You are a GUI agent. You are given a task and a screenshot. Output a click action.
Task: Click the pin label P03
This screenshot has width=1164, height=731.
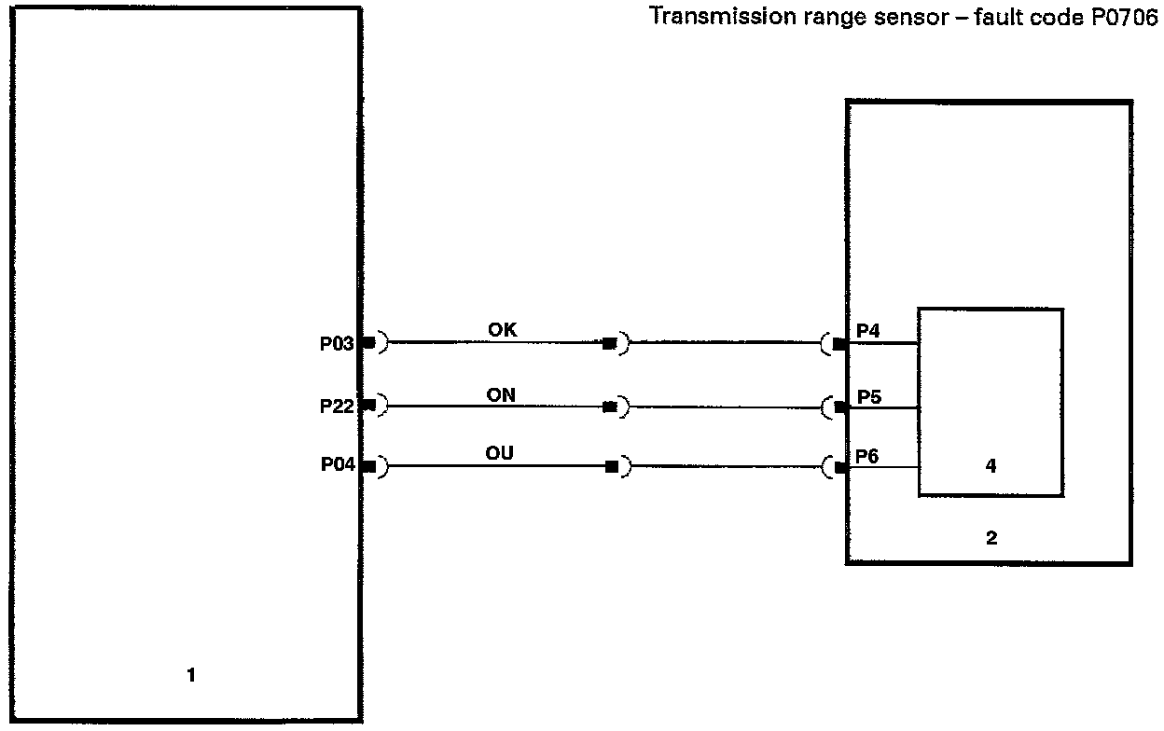coord(337,344)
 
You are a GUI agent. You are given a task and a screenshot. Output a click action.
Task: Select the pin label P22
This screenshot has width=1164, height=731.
coord(337,407)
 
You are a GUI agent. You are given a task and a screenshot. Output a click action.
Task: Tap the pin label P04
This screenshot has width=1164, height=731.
coord(338,466)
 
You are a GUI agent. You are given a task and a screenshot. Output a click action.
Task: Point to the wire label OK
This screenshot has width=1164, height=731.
coord(502,330)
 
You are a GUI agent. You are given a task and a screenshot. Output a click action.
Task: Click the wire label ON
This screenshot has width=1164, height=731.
coord(501,395)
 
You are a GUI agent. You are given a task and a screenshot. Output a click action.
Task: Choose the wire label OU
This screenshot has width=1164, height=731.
coord(499,454)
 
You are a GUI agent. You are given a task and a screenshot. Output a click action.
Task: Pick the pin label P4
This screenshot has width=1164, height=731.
coord(868,330)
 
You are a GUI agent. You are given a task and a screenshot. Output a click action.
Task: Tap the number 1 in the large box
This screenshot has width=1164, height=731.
coord(191,675)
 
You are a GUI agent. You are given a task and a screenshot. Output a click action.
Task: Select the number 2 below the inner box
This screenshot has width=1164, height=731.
coord(991,537)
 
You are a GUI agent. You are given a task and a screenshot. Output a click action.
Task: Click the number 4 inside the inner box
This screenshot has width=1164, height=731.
coord(991,466)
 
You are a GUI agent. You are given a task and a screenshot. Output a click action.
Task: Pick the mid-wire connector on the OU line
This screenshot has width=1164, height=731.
coord(611,466)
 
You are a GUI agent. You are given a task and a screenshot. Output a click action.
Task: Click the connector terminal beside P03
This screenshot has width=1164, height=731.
coord(368,343)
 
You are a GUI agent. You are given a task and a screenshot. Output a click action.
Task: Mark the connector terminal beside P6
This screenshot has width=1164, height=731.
coord(840,467)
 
